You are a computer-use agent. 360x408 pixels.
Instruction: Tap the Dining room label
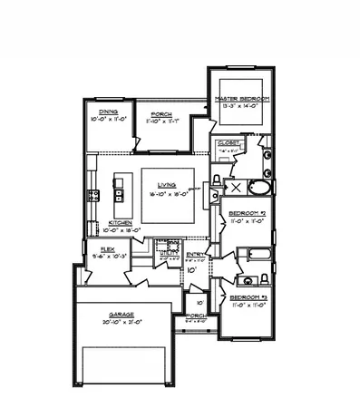click(110, 111)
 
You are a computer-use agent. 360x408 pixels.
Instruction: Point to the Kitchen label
click(122, 222)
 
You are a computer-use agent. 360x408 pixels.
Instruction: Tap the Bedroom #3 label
click(247, 296)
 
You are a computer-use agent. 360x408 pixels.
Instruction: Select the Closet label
click(229, 143)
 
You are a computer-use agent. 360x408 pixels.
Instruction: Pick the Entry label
click(196, 254)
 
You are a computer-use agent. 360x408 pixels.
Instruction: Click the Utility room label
click(167, 253)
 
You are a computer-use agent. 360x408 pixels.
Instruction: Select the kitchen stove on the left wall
click(92, 195)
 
